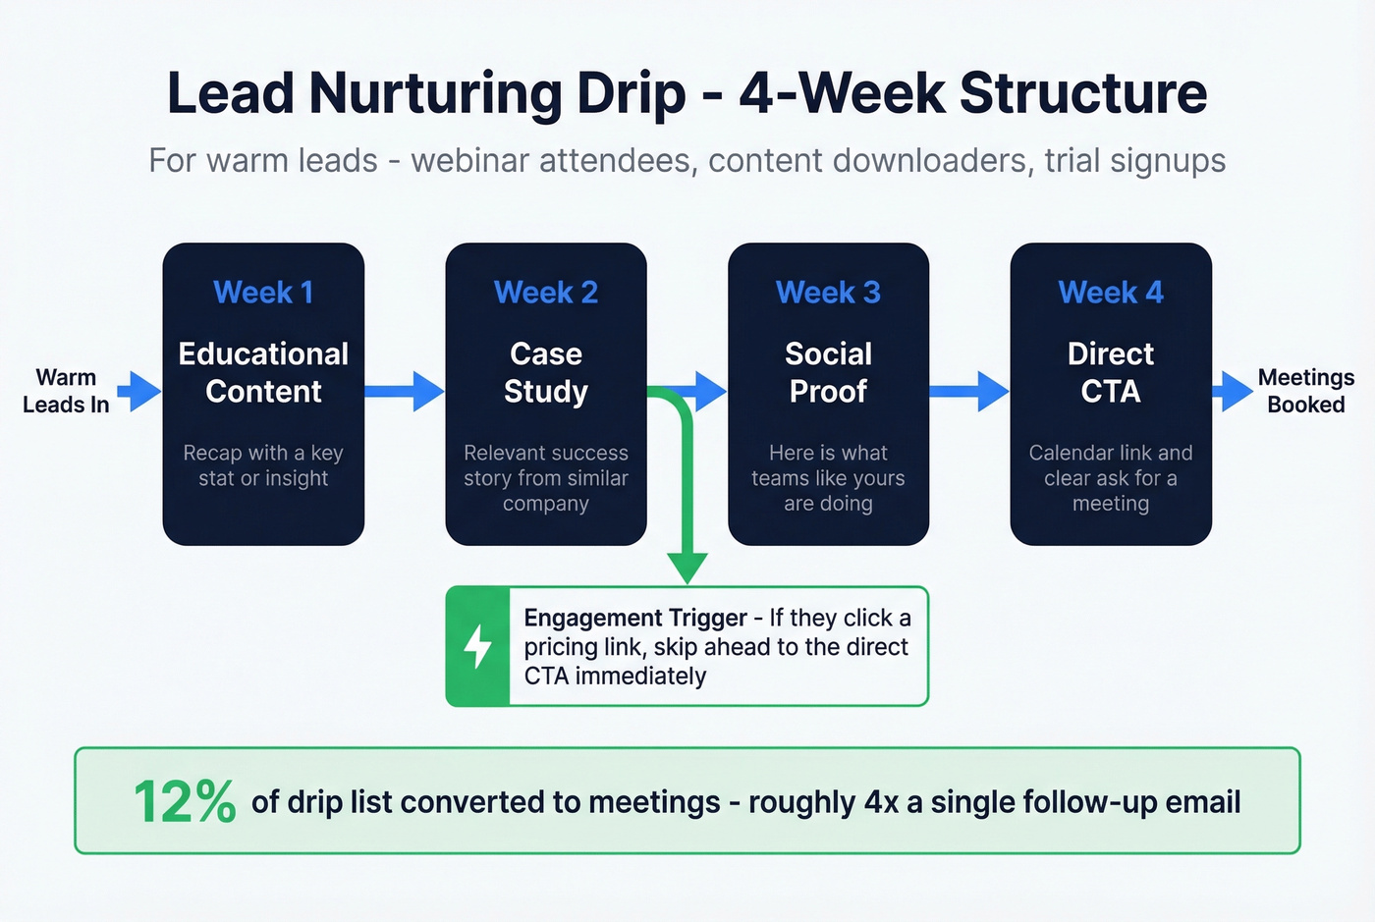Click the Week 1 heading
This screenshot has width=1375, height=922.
point(263,293)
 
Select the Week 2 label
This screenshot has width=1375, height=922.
point(545,293)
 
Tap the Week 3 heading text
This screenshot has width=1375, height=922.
point(828,293)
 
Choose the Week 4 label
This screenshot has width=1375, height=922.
point(1110,293)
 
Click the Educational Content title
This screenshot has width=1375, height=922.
point(263,372)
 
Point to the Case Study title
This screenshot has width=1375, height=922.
point(545,372)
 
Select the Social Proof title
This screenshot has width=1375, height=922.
point(828,372)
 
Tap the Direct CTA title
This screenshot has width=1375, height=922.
point(1110,372)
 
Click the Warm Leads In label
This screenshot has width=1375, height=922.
point(66,391)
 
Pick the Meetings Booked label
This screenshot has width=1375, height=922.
point(1305,391)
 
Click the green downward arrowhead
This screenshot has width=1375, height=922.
point(687,567)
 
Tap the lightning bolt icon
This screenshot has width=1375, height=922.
point(478,646)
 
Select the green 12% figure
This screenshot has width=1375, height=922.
point(185,802)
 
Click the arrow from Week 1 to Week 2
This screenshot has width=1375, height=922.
point(404,391)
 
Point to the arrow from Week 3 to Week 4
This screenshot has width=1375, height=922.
point(968,391)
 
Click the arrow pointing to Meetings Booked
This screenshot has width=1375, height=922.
point(1232,391)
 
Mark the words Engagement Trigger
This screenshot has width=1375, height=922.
point(635,618)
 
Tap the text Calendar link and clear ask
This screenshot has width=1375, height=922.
point(1110,465)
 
